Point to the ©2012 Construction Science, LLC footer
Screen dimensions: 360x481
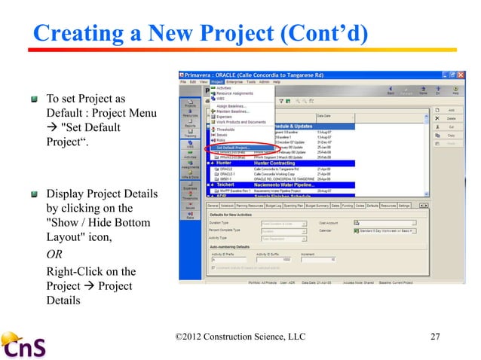tap(239, 335)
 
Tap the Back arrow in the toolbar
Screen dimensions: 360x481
tap(391, 92)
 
